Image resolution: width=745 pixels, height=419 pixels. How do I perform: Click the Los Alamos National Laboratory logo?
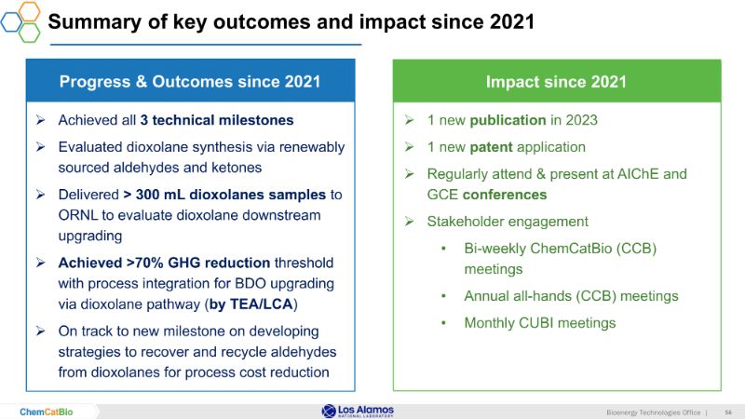(358, 411)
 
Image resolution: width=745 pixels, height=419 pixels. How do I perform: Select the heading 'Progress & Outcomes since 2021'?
(190, 82)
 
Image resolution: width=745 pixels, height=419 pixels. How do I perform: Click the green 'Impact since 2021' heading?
(556, 82)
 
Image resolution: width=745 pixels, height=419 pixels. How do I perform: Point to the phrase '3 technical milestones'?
(217, 120)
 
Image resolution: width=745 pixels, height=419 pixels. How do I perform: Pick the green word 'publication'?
(508, 120)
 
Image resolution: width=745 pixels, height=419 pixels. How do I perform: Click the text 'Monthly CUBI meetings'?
(540, 323)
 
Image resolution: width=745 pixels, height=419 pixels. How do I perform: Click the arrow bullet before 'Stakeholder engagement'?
(411, 222)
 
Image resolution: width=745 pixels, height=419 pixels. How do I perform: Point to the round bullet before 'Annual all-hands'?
(446, 296)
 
